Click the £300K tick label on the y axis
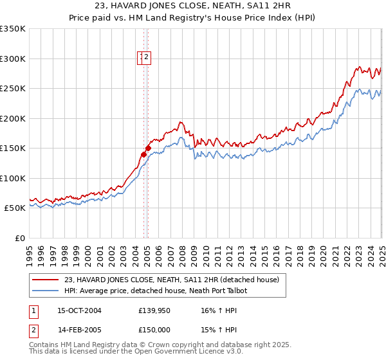(13, 59)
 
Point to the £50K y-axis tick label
(15, 208)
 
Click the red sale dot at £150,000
(148, 148)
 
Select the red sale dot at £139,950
(143, 154)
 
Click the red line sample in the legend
(46, 280)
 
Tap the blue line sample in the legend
(46, 291)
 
